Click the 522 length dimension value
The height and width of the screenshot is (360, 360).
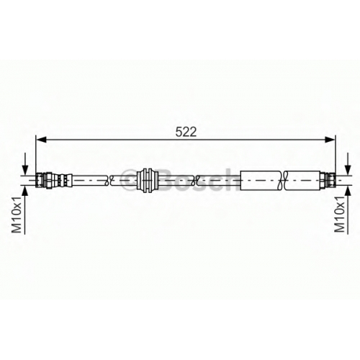(186, 132)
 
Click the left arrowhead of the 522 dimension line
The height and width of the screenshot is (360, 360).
(41, 139)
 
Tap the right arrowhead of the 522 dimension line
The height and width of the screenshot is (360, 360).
(330, 139)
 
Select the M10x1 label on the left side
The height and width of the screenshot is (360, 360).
(17, 215)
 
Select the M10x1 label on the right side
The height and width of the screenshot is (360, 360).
(340, 214)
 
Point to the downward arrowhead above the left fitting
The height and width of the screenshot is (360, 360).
(25, 170)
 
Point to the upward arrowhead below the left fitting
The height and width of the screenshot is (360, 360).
(25, 191)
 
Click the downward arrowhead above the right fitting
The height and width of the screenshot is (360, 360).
(348, 170)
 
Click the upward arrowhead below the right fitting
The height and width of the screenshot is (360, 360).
(348, 191)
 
